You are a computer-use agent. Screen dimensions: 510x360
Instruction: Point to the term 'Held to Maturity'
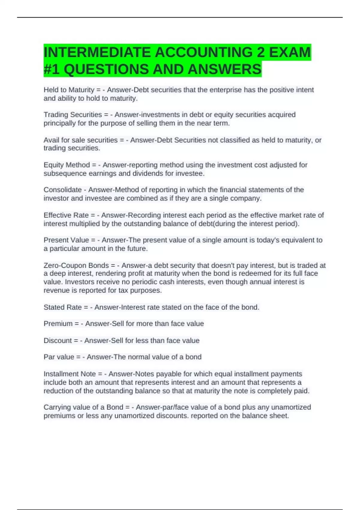(x=69, y=90)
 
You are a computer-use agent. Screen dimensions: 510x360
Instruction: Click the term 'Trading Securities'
(x=73, y=115)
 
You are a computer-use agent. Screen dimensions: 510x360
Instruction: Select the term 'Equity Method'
(x=67, y=165)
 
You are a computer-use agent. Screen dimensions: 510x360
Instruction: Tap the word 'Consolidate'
(x=62, y=190)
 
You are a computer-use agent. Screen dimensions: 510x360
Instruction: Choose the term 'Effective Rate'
(x=66, y=215)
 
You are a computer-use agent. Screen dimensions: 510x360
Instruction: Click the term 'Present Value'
(x=66, y=240)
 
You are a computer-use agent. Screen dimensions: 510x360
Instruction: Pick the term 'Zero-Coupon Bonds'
(x=76, y=265)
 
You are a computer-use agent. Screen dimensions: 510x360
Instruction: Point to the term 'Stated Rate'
(x=62, y=307)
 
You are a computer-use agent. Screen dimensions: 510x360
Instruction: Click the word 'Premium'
(x=58, y=324)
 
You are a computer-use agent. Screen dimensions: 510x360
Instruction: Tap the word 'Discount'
(x=58, y=341)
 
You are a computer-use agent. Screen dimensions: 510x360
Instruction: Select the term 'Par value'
(x=58, y=357)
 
